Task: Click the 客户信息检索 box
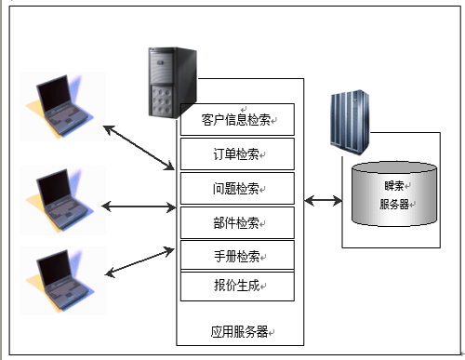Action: [237, 119]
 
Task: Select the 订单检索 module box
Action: [237, 154]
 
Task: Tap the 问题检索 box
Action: [237, 189]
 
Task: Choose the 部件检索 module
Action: [237, 222]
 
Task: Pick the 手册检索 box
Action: [237, 256]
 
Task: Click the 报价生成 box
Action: [237, 287]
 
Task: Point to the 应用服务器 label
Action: [239, 332]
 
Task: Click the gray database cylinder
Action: [394, 193]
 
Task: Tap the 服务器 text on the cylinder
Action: [394, 205]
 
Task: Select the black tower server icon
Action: [172, 82]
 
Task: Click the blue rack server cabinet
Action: [350, 122]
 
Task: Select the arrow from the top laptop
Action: [139, 148]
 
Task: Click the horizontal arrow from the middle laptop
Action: [139, 207]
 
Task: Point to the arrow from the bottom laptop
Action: [139, 262]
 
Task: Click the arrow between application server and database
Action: [323, 201]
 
